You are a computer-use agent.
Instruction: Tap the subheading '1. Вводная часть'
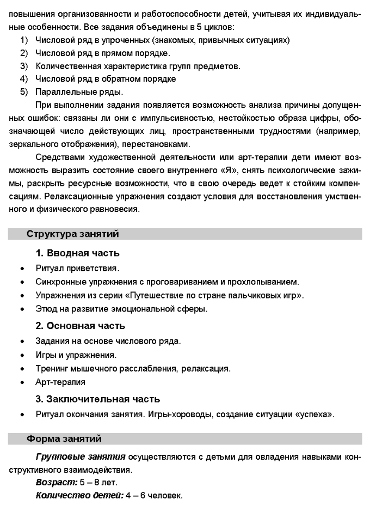click(x=77, y=253)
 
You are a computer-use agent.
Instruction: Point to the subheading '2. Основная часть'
click(x=80, y=326)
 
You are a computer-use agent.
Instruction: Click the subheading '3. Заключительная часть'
click(x=97, y=399)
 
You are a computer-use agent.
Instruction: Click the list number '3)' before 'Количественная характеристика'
click(x=24, y=66)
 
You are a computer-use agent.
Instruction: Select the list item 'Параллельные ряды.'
click(x=79, y=92)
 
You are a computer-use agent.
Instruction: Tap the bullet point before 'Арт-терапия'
click(x=22, y=382)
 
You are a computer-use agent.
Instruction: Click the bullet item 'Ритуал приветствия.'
click(x=77, y=269)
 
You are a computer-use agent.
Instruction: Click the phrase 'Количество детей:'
click(x=71, y=496)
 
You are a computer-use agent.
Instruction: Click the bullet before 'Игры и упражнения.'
click(x=22, y=356)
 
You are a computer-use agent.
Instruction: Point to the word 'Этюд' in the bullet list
click(x=46, y=309)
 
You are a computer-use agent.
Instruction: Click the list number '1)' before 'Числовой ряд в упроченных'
click(x=24, y=40)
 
